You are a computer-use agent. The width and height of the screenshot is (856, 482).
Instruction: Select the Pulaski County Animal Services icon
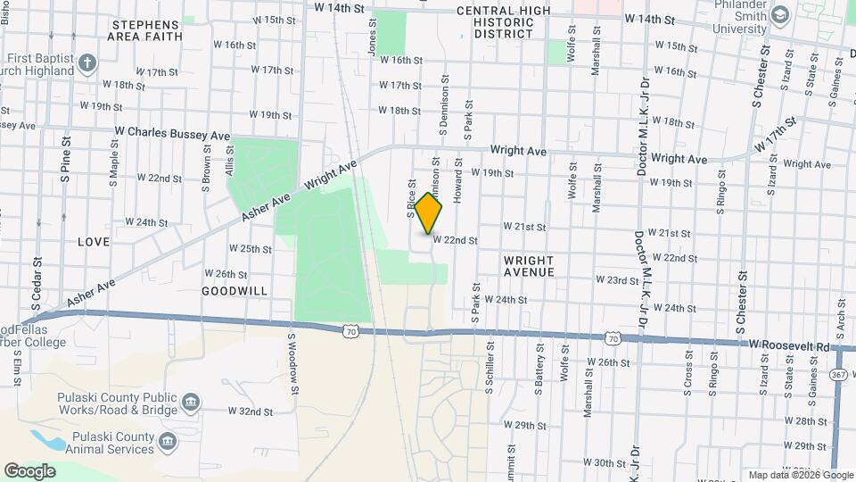[x=167, y=441]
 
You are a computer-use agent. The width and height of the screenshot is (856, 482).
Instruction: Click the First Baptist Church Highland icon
[x=86, y=62]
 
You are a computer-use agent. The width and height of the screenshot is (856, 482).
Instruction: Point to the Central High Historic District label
[x=504, y=22]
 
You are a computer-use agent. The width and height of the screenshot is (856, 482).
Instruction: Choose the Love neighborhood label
[x=94, y=242]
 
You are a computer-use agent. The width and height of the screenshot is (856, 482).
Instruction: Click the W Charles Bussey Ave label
[x=172, y=131]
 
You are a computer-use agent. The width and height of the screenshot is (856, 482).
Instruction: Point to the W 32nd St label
[x=250, y=411]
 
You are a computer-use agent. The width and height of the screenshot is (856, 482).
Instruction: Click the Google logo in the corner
[x=29, y=470]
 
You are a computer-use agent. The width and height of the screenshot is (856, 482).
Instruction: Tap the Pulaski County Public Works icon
[x=190, y=403]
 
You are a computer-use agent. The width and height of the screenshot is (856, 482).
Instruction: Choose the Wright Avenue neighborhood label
[x=529, y=265]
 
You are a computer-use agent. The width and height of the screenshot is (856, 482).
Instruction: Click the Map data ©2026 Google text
[x=799, y=475]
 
